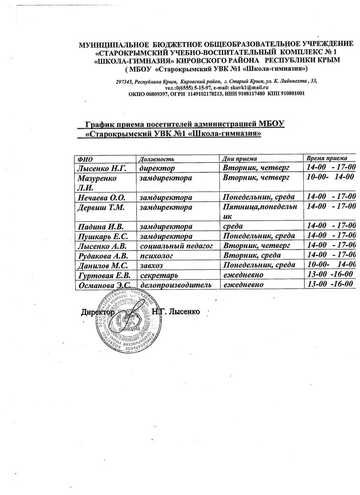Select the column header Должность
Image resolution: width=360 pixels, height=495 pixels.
tap(156, 159)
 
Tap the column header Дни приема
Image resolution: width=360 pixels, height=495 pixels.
tap(240, 159)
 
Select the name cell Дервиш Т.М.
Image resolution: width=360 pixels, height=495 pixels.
tap(100, 207)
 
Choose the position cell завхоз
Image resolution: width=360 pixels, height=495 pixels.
tap(152, 265)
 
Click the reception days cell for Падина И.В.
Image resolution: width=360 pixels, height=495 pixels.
tap(232, 227)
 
